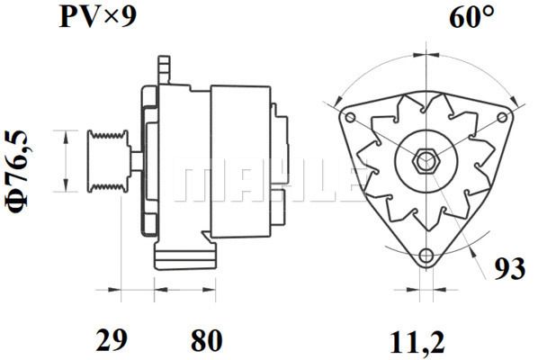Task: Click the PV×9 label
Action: pyautogui.click(x=98, y=17)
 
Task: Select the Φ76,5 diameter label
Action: pyautogui.click(x=16, y=172)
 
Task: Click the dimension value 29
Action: pyautogui.click(x=112, y=340)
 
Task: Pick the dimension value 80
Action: pyautogui.click(x=207, y=340)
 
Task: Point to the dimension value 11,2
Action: pyautogui.click(x=417, y=341)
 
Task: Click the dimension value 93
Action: pyautogui.click(x=509, y=268)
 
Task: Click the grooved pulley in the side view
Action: pyautogui.click(x=108, y=161)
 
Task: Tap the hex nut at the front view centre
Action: pyautogui.click(x=426, y=161)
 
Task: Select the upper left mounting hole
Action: pyautogui.click(x=350, y=118)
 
